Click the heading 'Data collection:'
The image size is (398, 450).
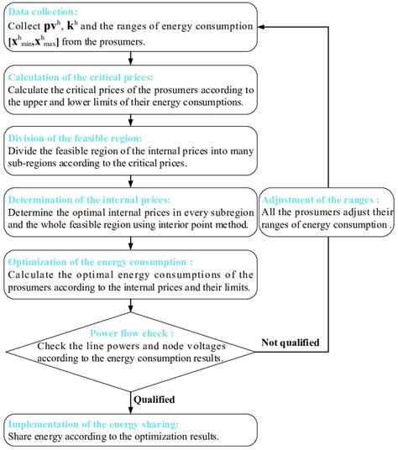pyautogui.click(x=42, y=12)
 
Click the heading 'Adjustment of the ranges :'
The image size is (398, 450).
pyautogui.click(x=320, y=199)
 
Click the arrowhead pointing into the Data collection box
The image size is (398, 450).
pyautogui.click(x=263, y=26)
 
